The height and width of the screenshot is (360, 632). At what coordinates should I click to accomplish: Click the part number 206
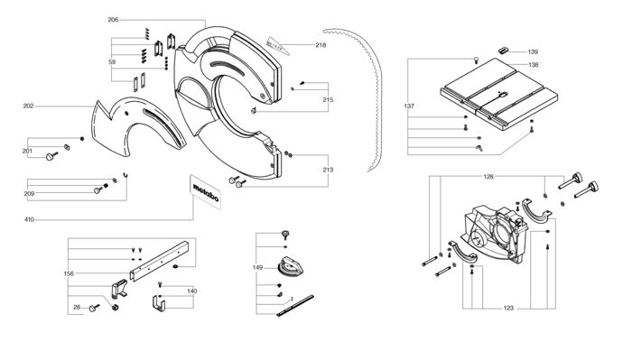pos(113,20)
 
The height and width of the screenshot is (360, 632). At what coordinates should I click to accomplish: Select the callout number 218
pos(321,45)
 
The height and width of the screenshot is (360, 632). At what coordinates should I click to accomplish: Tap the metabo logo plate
pos(206,192)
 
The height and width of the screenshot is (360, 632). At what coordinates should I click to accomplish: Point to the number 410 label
pos(29,220)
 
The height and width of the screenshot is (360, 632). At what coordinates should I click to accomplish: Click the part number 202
pos(28,106)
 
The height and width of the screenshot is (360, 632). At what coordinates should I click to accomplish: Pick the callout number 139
pos(533,52)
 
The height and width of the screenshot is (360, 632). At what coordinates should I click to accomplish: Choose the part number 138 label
pos(533,65)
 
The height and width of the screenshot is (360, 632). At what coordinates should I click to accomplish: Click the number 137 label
pos(409,106)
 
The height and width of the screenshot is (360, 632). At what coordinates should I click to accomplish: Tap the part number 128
pos(488,177)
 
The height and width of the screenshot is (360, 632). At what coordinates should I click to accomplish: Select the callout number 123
pos(508,308)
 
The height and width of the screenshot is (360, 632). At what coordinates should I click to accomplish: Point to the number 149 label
pos(257,267)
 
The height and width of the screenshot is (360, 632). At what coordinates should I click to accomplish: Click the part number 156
pos(69,273)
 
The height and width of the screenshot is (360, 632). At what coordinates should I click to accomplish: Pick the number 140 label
pos(191,291)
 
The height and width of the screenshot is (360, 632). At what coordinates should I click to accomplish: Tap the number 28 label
pos(77,308)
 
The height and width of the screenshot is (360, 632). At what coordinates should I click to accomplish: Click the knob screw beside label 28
pos(94,308)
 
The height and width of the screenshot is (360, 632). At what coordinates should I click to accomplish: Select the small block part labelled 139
pos(504,51)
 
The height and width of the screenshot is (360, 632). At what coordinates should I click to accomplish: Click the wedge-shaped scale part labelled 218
pos(278,46)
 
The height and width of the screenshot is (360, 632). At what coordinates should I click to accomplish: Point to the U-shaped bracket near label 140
pos(159,304)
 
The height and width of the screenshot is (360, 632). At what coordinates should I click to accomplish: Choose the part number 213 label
pos(328,170)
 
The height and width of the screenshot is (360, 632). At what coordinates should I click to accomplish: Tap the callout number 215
pos(328,100)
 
